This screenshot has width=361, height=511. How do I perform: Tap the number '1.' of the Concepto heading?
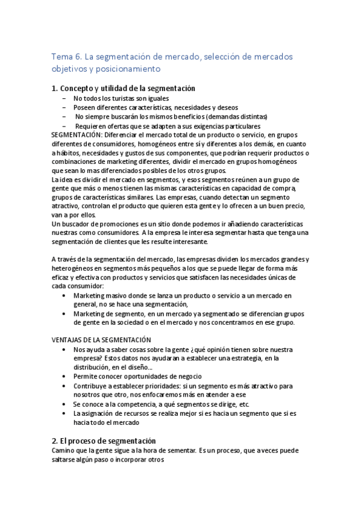55,89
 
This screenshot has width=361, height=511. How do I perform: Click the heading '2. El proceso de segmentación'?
104,440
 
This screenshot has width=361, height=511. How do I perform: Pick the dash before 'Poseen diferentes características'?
64,107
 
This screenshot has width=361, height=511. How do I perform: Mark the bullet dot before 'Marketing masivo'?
64,296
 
